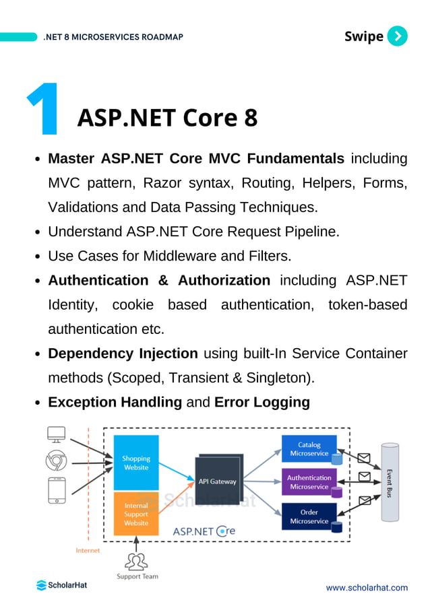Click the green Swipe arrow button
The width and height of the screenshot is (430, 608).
pos(398,36)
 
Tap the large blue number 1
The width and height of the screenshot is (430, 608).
pos(42,110)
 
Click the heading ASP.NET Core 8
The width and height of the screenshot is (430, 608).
pos(167,118)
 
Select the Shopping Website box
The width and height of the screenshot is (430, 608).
pos(135,463)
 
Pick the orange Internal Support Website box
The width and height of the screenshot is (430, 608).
pos(135,514)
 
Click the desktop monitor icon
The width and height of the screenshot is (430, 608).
pos(56,434)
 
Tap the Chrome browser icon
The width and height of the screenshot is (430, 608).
pos(56,462)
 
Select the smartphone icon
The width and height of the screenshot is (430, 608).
pos(56,490)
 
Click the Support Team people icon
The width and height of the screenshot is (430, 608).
pos(137,561)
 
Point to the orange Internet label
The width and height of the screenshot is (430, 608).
pos(88,550)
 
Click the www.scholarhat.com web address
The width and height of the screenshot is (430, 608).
pos(367,588)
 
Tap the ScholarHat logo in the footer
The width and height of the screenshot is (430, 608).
pos(61,585)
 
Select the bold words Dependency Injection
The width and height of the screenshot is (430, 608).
pos(123,353)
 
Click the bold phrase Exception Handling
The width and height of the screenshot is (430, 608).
pos(115,403)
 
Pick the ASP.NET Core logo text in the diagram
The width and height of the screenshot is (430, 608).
pos(204,531)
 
